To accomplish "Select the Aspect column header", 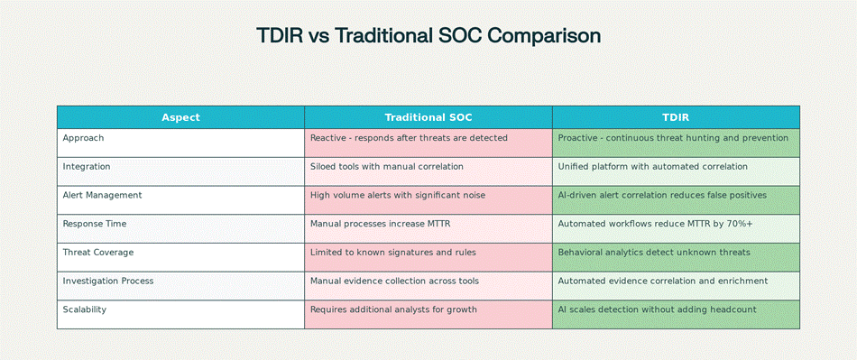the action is [181, 117].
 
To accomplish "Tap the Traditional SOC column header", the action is [428, 117].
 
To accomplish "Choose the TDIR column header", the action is [676, 117].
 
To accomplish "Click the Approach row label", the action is [83, 138].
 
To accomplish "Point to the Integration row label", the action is [87, 167].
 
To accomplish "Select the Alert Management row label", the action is [102, 195].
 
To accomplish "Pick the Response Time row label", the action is [95, 224].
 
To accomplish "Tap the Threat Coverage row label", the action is [98, 253].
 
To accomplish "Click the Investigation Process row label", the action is [108, 281].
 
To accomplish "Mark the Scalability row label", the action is [85, 309].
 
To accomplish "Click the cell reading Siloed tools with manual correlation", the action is [387, 167].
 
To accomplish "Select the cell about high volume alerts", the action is [398, 195].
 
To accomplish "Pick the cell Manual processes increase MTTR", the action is [381, 224].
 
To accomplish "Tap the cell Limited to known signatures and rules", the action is [393, 253].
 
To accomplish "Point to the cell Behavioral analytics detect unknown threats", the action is [654, 253].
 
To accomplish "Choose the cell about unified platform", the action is [652, 167].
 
